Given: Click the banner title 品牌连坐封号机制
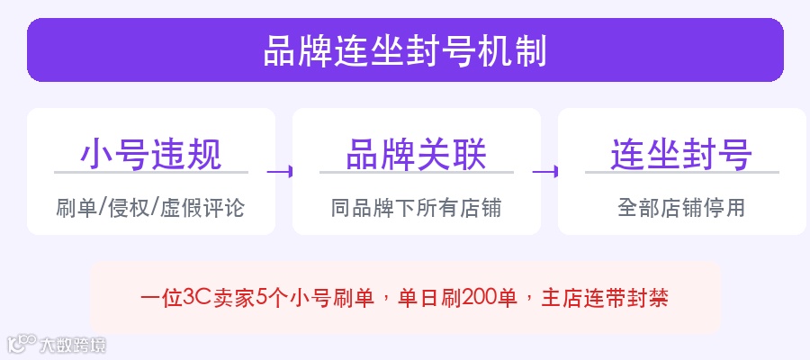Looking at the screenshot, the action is point(405,50).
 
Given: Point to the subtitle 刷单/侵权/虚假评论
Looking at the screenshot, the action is point(150,208).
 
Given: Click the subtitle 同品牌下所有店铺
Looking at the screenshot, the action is point(416,208).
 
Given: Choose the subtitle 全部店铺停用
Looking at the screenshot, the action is point(681,208).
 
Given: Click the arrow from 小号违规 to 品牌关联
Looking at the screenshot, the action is point(281,170).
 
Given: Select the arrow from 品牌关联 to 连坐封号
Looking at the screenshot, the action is point(546,170).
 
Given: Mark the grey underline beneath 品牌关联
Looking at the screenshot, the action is point(416,172).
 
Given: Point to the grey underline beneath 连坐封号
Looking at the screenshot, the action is point(681,172).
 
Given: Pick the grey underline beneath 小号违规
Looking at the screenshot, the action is point(150,172).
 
